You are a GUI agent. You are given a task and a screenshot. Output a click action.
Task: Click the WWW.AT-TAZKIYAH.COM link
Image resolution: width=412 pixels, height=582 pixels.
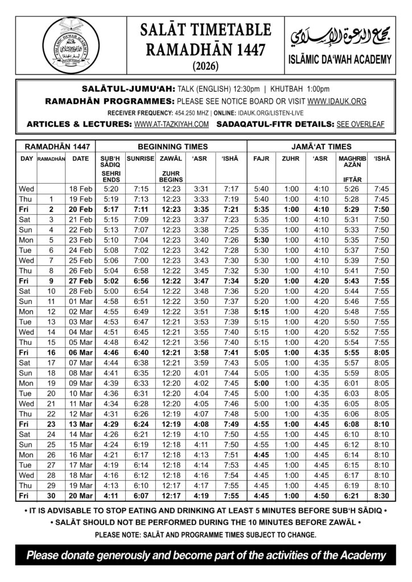pos(172,123)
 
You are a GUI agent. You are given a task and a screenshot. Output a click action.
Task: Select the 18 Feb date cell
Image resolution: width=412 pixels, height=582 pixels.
pos(80,188)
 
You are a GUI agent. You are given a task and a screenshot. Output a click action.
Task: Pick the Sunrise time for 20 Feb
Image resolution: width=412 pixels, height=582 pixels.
pos(141,209)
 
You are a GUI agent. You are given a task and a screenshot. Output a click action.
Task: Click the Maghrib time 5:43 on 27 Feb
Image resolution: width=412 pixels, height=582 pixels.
pos(353,281)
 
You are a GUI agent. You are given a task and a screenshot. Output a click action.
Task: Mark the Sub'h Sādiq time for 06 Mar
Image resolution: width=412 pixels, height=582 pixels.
pos(110,353)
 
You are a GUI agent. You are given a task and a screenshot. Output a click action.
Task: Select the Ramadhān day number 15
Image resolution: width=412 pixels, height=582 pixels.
pos(51,343)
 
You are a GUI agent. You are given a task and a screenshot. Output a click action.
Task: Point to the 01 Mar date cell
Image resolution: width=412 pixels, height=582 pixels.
pos(80,301)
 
